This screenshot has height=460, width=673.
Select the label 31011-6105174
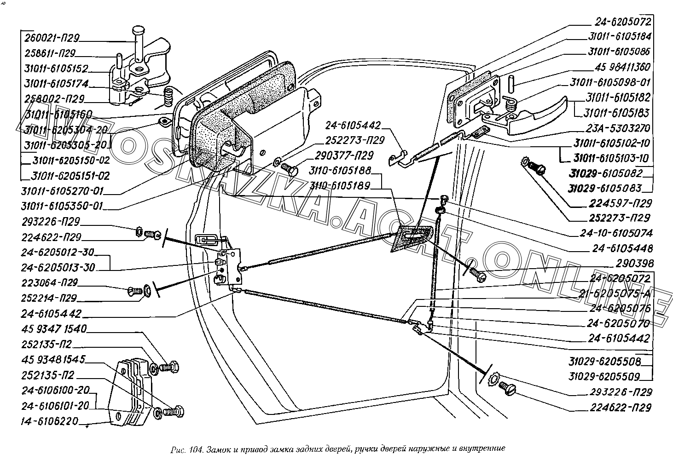[x=56, y=84]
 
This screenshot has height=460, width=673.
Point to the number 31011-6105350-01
[x=62, y=206]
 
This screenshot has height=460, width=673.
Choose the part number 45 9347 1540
[x=53, y=329]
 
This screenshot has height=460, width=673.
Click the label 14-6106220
[x=50, y=421]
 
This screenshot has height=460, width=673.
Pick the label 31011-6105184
[x=619, y=36]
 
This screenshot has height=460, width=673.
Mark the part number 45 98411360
[x=622, y=67]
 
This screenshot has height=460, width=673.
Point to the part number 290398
[x=636, y=264]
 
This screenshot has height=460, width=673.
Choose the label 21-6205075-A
[x=619, y=294]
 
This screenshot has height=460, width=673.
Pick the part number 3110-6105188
[x=340, y=171]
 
